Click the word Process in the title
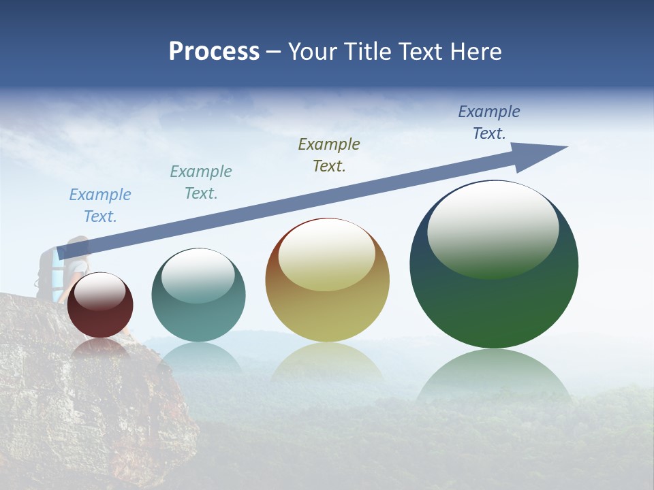(x=214, y=52)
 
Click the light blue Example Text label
(x=100, y=206)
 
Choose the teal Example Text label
(x=201, y=182)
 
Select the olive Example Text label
(x=329, y=154)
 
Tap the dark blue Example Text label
(x=489, y=122)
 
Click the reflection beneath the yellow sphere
(x=327, y=361)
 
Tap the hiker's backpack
(x=46, y=272)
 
